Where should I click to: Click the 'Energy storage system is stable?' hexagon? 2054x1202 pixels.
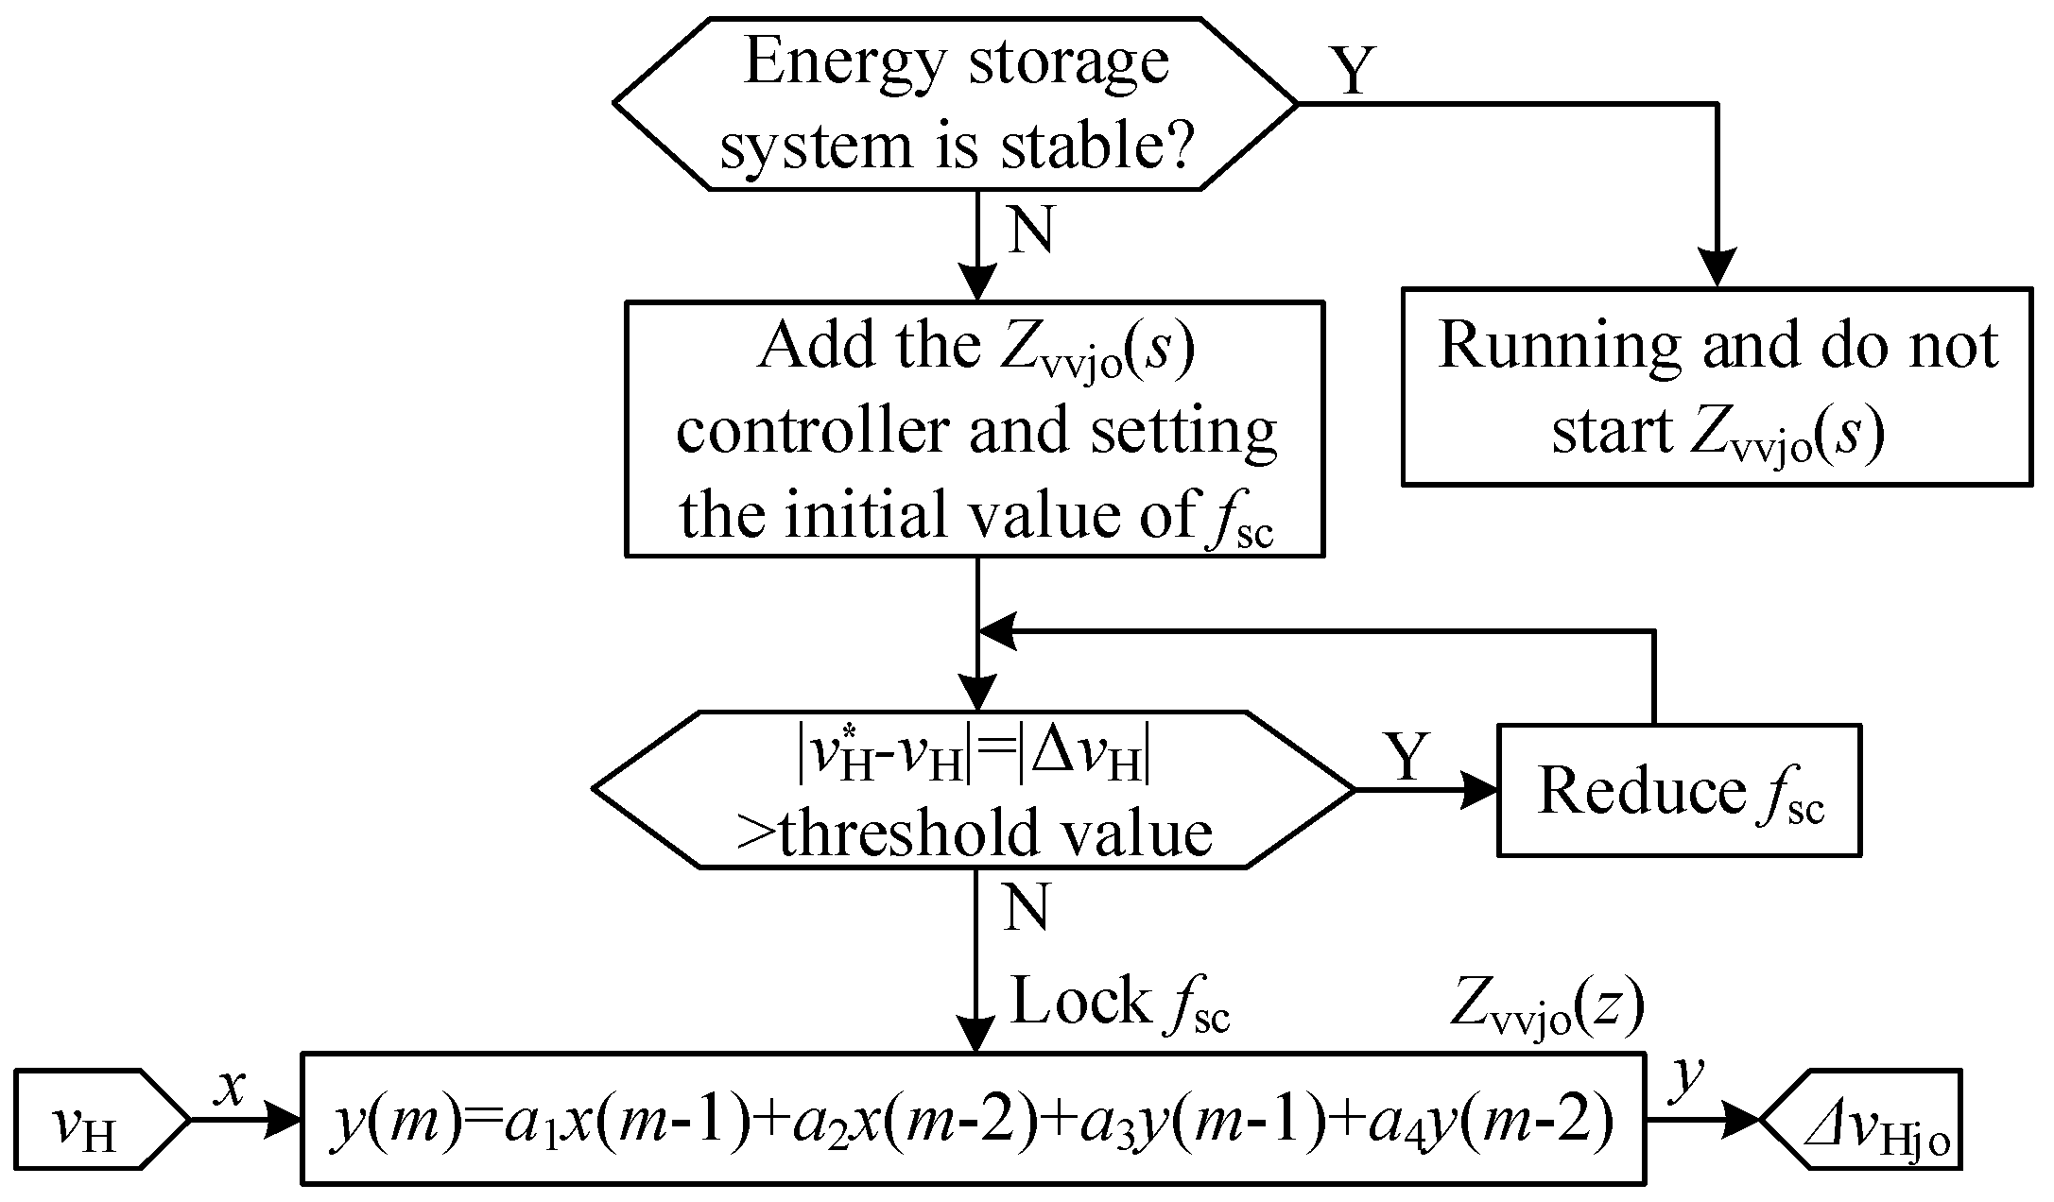click(955, 103)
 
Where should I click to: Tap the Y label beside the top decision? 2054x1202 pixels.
click(1353, 71)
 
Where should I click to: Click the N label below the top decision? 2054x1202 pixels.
click(1031, 231)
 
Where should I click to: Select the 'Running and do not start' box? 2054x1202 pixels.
click(1716, 387)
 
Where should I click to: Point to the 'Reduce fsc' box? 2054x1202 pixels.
click(1679, 790)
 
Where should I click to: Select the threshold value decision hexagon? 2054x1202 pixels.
click(974, 790)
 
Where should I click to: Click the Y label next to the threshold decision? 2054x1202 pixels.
click(1407, 756)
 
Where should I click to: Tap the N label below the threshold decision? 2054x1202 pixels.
click(1027, 908)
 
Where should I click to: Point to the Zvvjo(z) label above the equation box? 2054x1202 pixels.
click(1545, 1007)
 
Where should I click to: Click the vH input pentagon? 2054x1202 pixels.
click(99, 1121)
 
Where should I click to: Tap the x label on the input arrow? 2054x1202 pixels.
click(230, 1089)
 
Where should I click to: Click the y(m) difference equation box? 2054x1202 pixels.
click(974, 1118)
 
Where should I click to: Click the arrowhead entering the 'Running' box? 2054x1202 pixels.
click(1717, 268)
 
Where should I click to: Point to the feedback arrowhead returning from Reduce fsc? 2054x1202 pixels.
click(997, 631)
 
